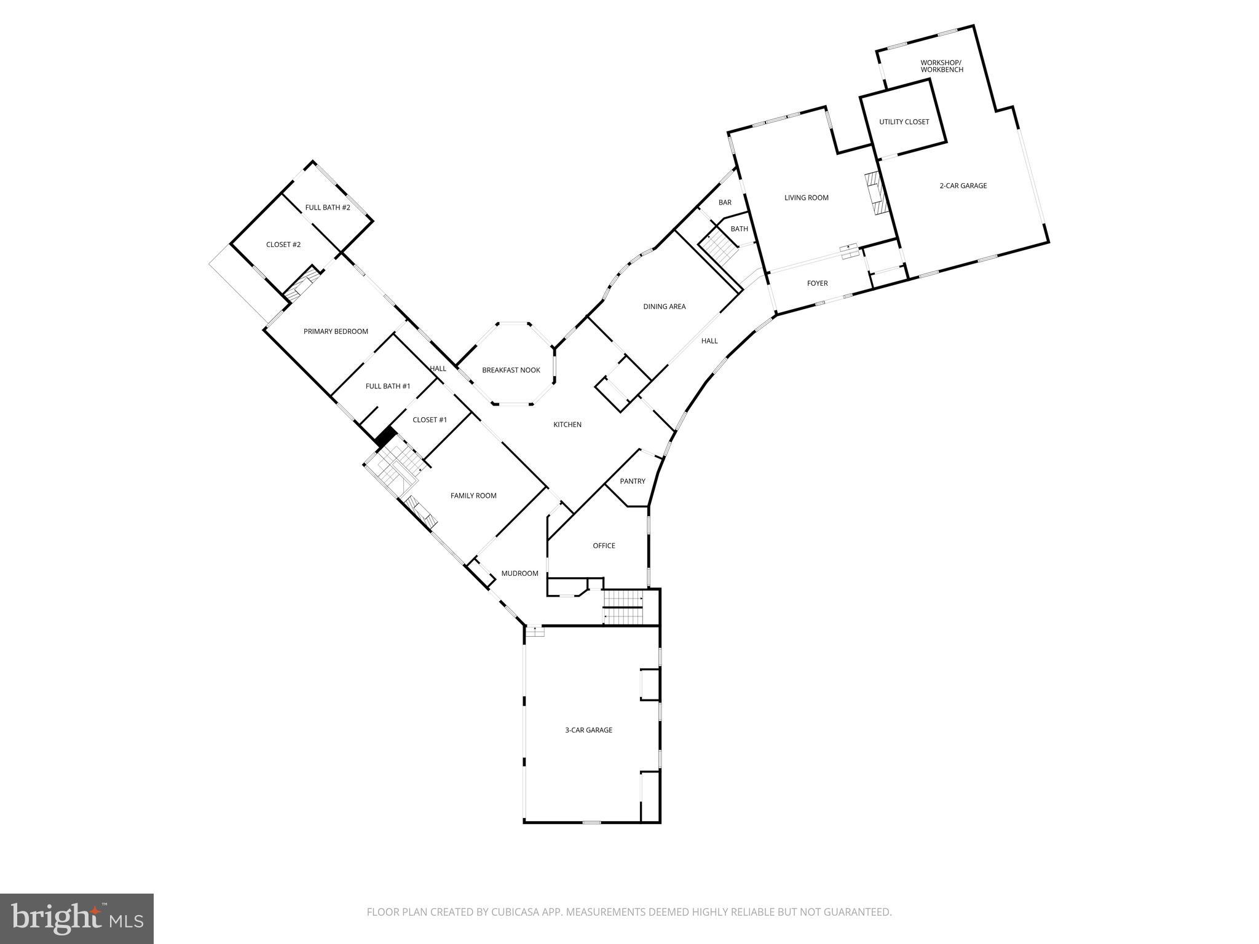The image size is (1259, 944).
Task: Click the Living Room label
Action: (x=806, y=198)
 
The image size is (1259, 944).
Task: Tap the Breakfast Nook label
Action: (x=511, y=370)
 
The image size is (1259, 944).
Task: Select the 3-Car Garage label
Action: (x=588, y=730)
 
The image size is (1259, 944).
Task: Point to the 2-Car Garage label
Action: (x=963, y=186)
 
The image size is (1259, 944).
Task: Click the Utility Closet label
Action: (x=904, y=122)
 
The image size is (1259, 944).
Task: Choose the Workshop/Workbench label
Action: (x=941, y=66)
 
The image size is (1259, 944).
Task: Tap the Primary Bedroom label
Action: (x=336, y=331)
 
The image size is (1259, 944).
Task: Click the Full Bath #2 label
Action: (x=328, y=208)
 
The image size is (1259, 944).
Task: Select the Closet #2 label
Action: (x=283, y=245)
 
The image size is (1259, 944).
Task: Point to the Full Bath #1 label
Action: (x=388, y=386)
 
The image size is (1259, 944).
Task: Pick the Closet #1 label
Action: (x=430, y=420)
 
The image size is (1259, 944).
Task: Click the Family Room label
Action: (x=473, y=495)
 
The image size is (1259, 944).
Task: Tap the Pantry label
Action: (x=633, y=481)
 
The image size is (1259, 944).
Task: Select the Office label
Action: (x=604, y=546)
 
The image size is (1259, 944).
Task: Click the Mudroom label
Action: (x=519, y=573)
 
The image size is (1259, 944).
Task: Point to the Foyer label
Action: (x=817, y=283)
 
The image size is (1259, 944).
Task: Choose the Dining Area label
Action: (x=664, y=307)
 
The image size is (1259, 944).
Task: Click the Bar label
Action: (x=725, y=202)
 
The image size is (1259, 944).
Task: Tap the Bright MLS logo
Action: (x=77, y=919)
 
